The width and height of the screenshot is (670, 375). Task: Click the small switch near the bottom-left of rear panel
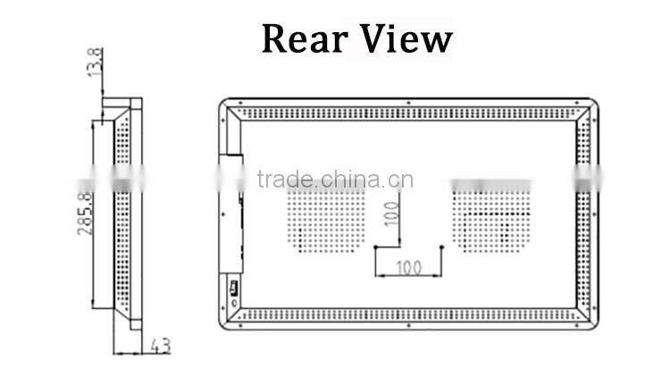coord(232,287)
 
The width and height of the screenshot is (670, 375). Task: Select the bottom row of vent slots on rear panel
coord(407,314)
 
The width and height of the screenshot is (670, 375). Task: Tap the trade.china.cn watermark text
coord(334,178)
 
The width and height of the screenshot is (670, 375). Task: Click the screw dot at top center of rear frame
coord(407,102)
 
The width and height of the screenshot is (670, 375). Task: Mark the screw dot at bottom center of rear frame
coord(407,324)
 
